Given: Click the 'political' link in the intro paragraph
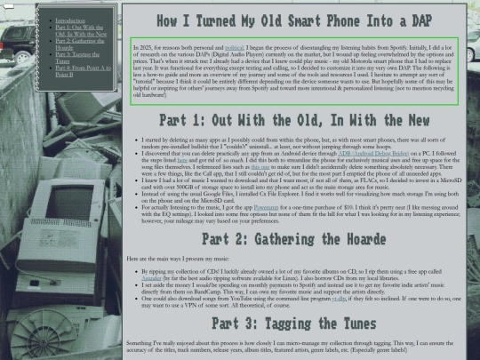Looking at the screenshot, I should (235, 44).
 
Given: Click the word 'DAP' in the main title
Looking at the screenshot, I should (420, 19).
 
